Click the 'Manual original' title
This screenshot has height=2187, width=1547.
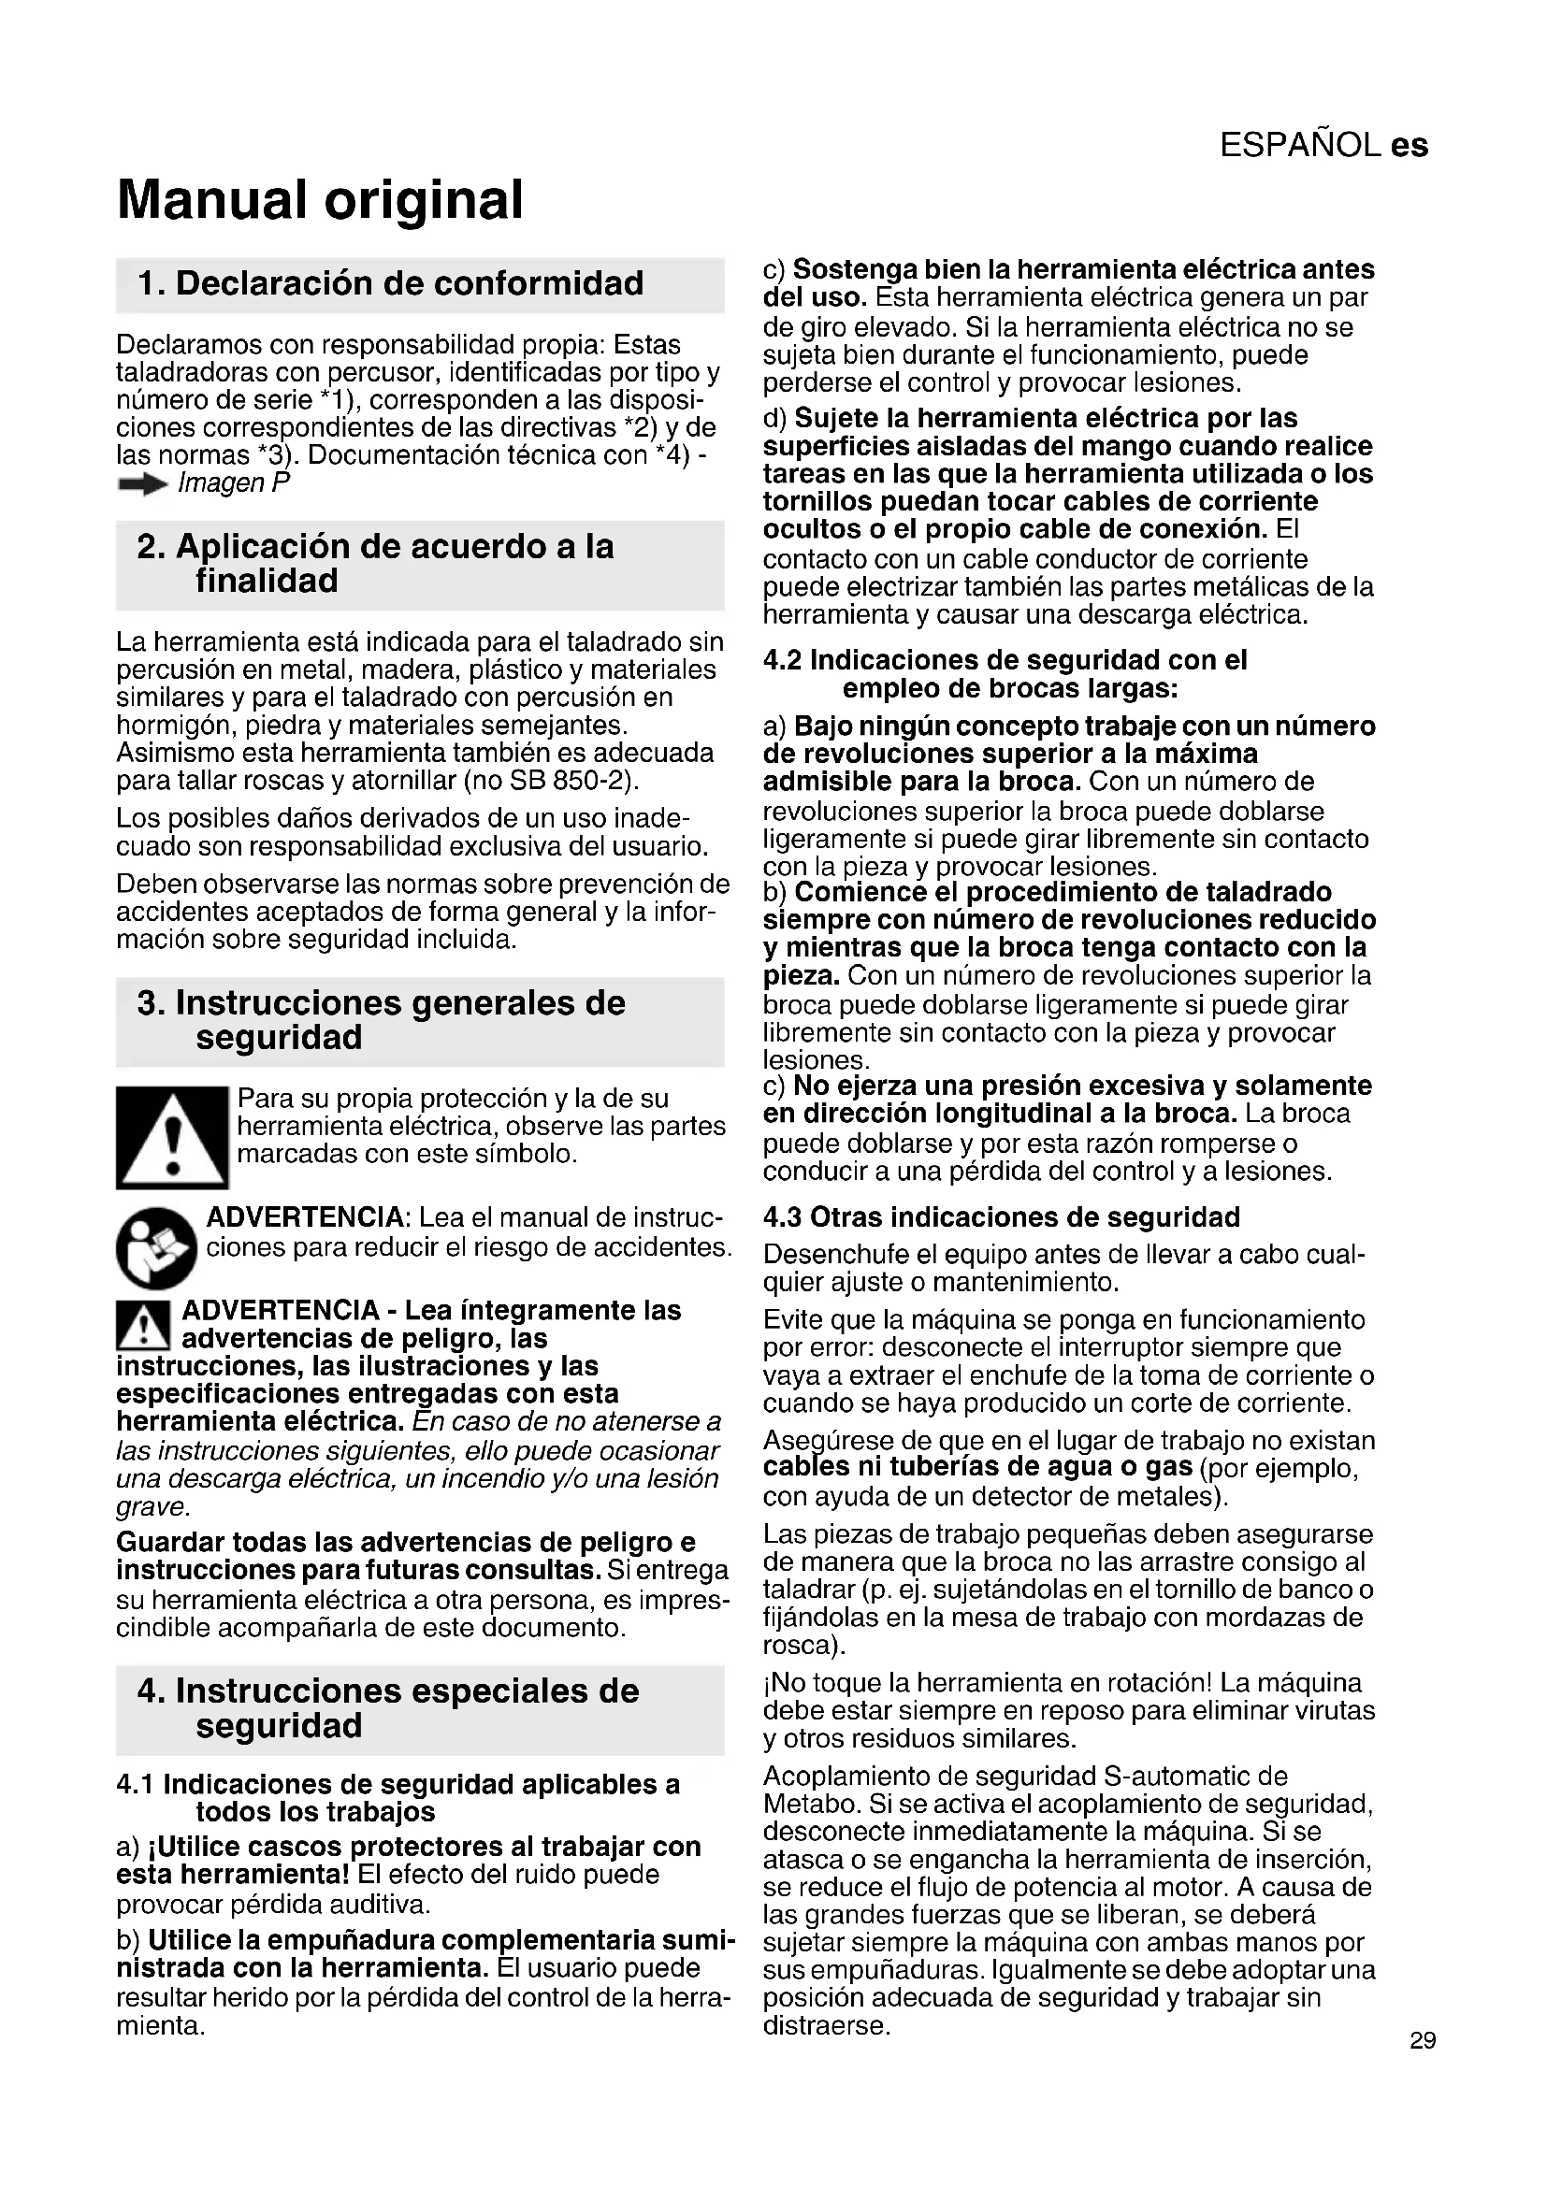pyautogui.click(x=320, y=199)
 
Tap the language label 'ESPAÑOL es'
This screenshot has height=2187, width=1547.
pyautogui.click(x=1323, y=145)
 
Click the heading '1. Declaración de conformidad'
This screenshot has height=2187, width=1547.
pyautogui.click(x=391, y=283)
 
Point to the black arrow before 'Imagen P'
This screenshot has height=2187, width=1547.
pyautogui.click(x=142, y=485)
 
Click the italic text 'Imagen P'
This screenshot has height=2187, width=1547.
pyautogui.click(x=234, y=484)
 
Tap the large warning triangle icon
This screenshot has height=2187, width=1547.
pyautogui.click(x=171, y=1138)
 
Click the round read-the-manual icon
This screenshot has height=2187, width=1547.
pyautogui.click(x=156, y=1248)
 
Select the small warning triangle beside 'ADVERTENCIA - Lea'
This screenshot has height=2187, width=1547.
pyautogui.click(x=143, y=1324)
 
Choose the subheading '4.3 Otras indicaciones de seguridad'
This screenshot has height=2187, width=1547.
pyautogui.click(x=1001, y=1217)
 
